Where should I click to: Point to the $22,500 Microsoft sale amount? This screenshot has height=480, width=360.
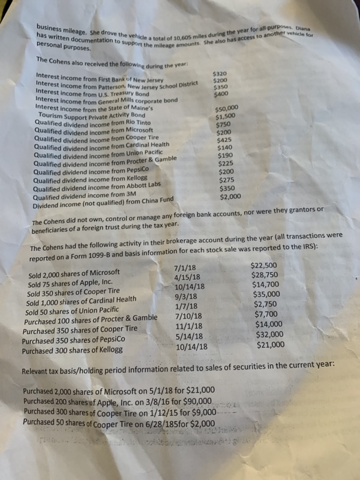click(265, 265)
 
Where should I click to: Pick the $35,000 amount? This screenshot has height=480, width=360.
click(266, 294)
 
